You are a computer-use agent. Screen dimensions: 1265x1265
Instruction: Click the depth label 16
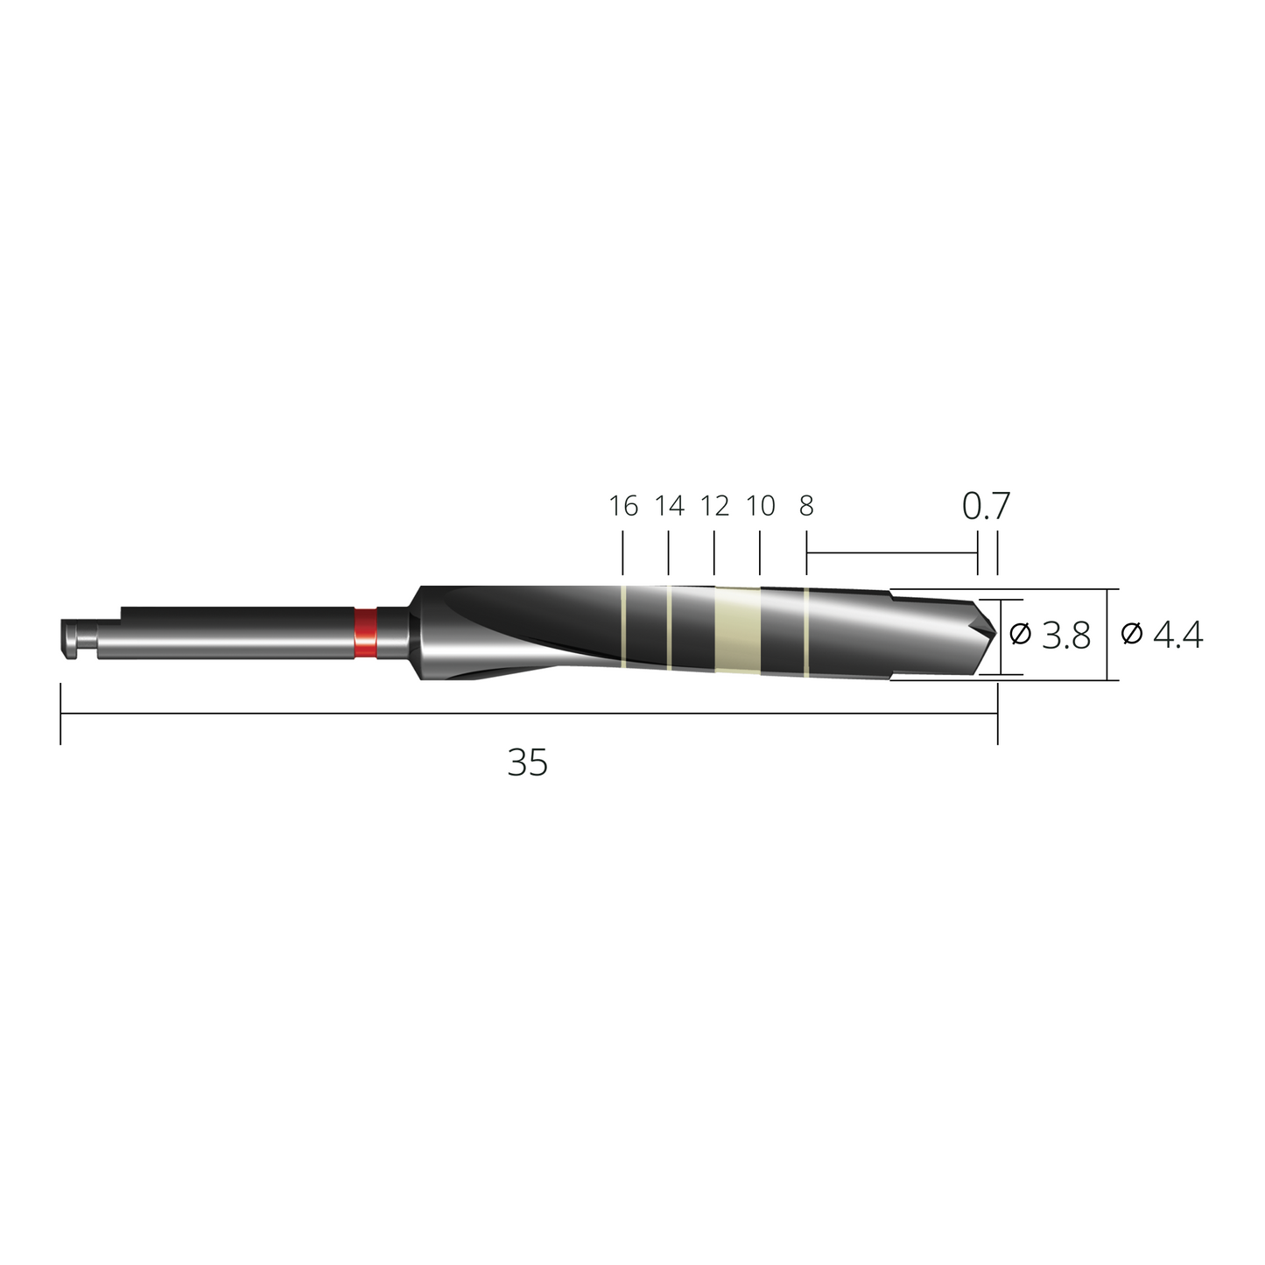[623, 506]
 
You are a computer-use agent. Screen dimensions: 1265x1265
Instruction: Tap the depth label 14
[670, 506]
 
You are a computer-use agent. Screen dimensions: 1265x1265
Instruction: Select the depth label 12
[715, 506]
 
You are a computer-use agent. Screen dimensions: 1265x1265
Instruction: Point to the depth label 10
[761, 506]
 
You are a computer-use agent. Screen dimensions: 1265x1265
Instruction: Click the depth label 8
[807, 506]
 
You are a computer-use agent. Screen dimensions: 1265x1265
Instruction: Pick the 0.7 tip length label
[986, 505]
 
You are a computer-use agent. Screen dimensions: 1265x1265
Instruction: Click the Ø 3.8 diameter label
[1051, 636]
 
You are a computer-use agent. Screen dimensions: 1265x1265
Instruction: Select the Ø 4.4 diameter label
[1162, 635]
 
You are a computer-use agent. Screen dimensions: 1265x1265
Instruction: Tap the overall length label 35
[528, 763]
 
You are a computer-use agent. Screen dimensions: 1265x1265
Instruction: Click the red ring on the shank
[366, 633]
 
